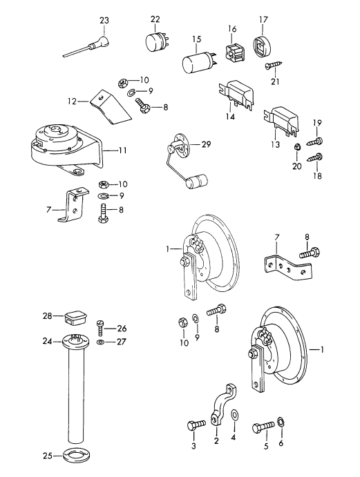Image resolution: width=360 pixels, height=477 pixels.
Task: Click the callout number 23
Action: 104,21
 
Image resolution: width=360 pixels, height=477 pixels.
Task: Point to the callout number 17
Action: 263,19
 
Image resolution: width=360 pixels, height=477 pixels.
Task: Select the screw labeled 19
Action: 316,141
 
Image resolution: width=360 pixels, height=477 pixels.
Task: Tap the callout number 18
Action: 318,177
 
